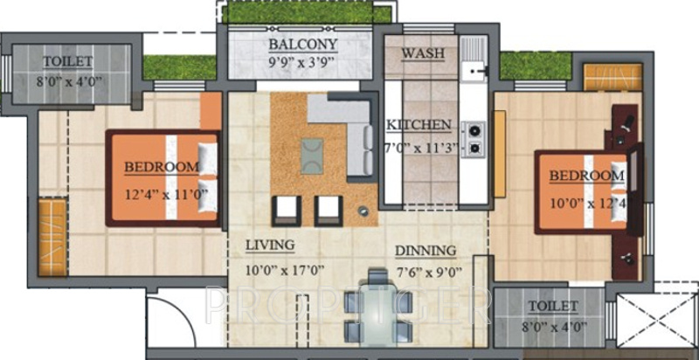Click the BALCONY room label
point(302,45)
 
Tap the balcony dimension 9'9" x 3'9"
point(302,62)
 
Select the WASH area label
point(423,54)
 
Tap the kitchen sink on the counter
point(475,66)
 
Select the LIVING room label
point(269,245)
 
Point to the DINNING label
point(426,251)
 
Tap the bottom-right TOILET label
point(552,306)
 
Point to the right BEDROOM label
point(586,177)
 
